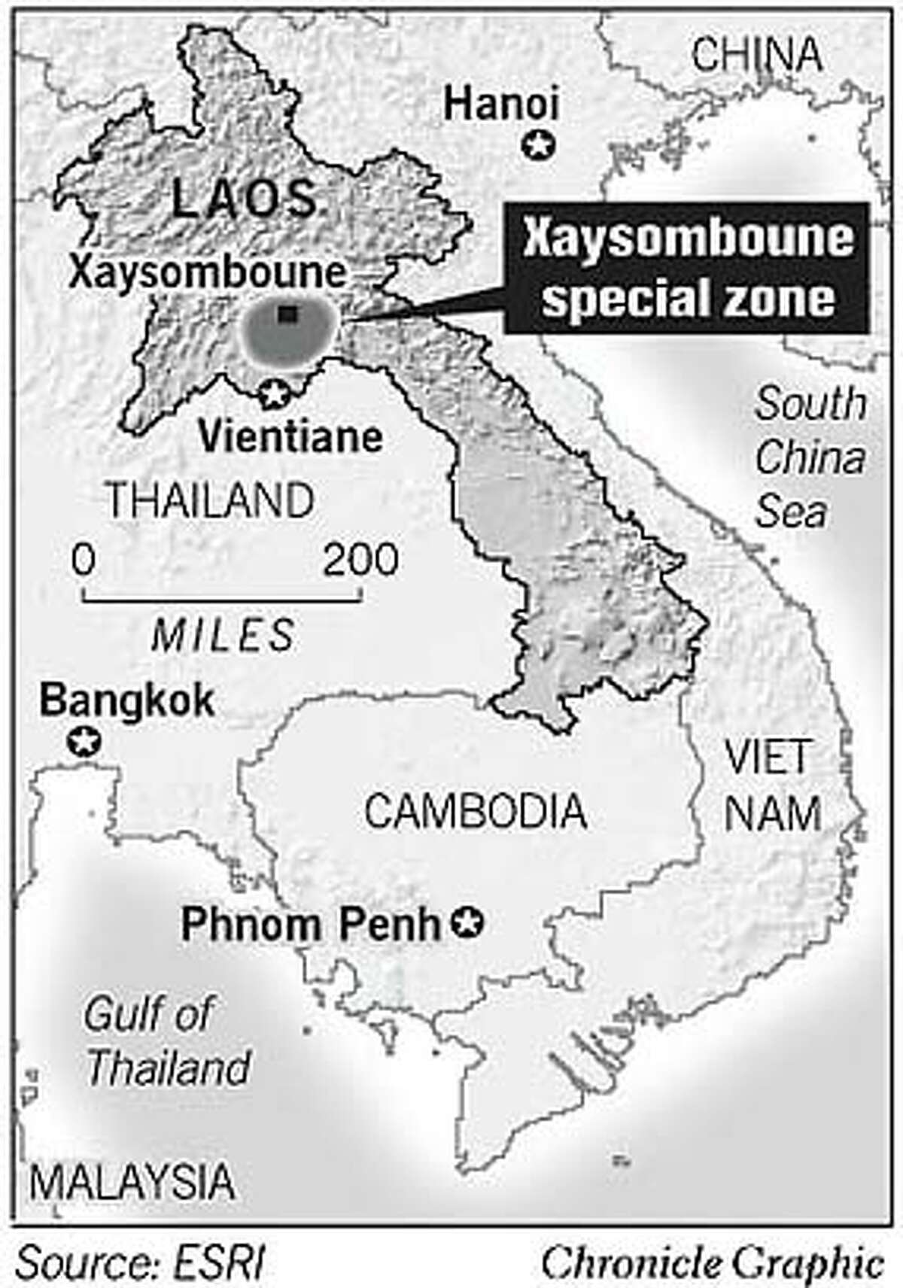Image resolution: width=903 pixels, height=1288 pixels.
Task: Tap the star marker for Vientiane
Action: [x=274, y=393]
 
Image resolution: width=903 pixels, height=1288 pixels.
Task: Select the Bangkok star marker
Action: [x=84, y=742]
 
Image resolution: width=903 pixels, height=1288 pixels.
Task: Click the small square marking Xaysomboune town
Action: [x=285, y=314]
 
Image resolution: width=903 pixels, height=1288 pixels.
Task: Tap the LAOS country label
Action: [x=244, y=199]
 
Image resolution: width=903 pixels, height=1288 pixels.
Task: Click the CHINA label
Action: [x=756, y=55]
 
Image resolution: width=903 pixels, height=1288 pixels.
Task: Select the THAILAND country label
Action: [x=210, y=500]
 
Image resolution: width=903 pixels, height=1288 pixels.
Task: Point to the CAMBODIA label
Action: [x=475, y=812]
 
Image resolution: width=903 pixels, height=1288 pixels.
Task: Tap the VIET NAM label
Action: [x=771, y=785]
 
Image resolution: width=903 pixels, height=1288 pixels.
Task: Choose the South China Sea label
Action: [x=809, y=457]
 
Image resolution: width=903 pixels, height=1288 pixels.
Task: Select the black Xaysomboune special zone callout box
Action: [x=687, y=268]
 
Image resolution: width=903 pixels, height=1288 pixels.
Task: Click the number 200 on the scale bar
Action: [x=360, y=560]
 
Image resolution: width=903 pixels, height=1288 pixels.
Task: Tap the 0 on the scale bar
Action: [x=84, y=560]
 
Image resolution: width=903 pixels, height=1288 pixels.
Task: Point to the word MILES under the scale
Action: [x=223, y=636]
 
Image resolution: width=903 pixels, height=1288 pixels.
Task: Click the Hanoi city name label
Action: [x=501, y=104]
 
